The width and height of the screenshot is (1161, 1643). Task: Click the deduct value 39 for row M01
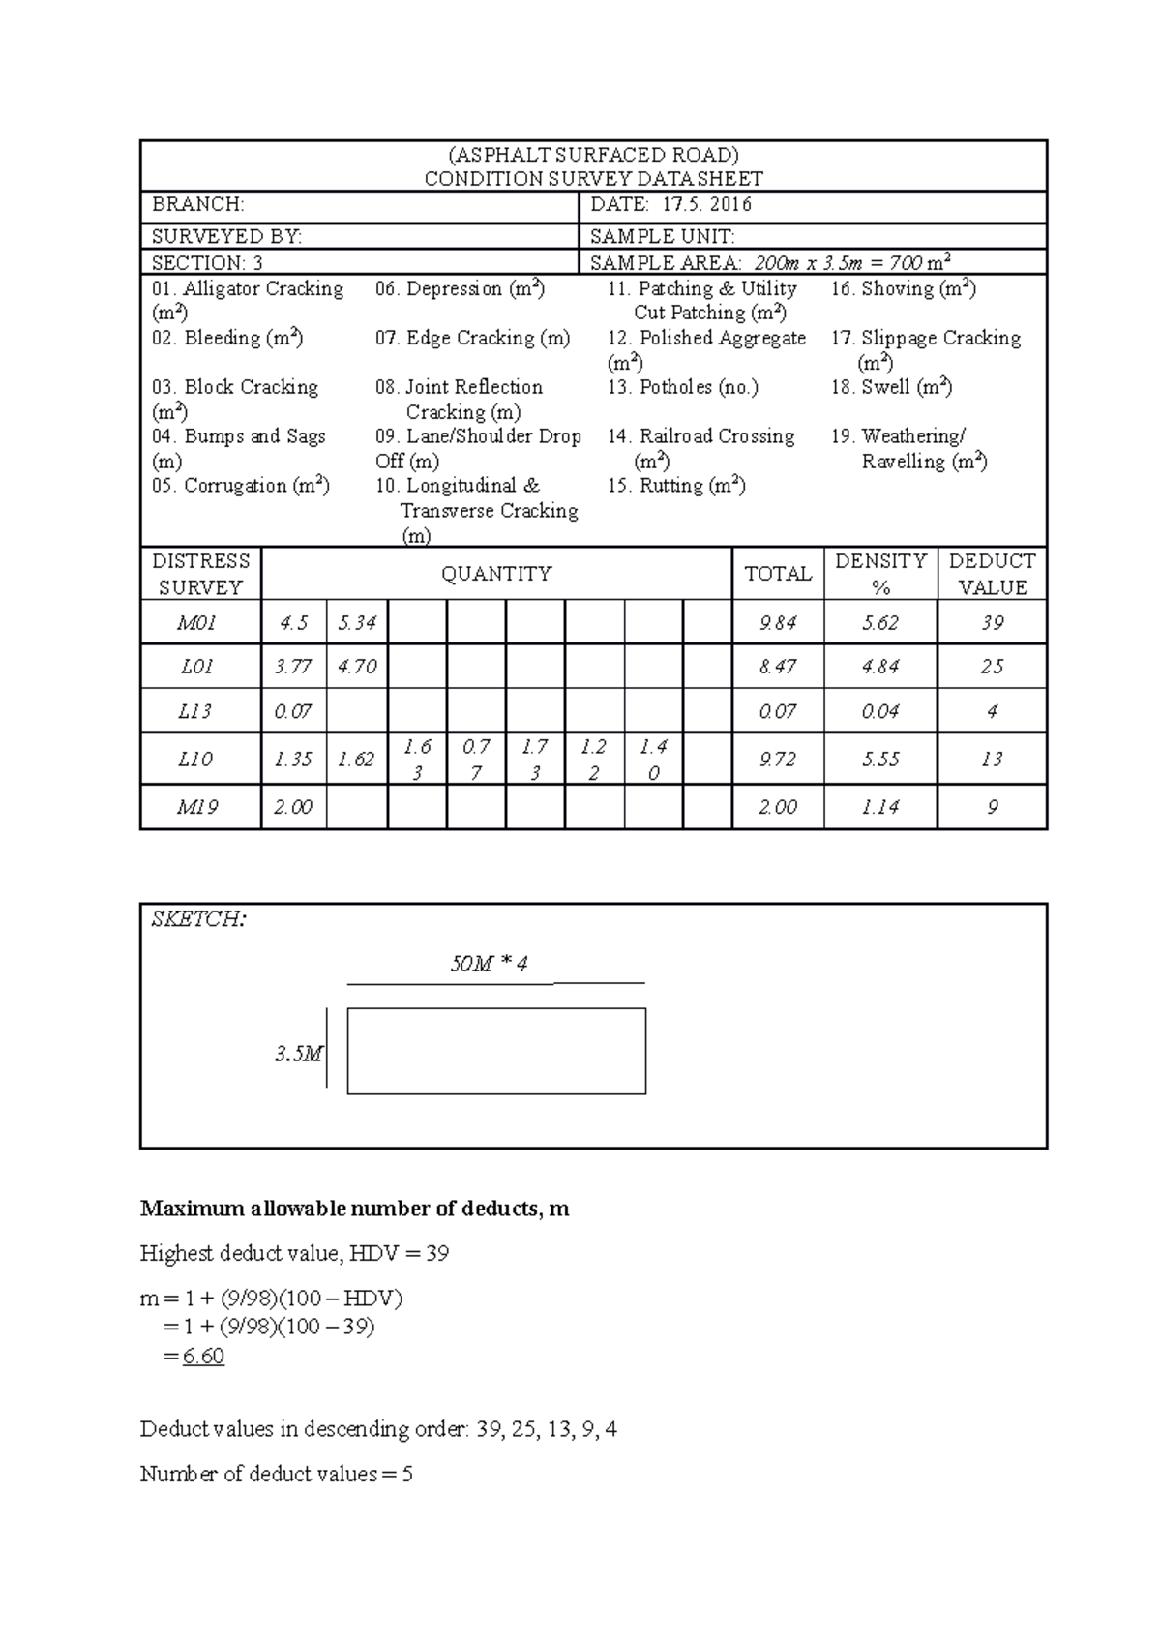992,623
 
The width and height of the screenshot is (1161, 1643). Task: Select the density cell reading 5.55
879,760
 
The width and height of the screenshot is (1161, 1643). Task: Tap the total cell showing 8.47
778,667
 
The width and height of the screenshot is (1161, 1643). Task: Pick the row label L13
194,711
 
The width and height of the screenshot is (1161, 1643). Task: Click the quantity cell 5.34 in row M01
357,623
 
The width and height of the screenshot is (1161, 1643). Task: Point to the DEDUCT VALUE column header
992,574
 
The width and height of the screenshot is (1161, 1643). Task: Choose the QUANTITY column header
496,574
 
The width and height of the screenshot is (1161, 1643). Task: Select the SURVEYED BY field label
226,236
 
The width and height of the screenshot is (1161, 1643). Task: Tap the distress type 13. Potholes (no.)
682,387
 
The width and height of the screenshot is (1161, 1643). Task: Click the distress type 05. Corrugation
240,486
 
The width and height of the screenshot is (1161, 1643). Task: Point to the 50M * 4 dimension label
489,964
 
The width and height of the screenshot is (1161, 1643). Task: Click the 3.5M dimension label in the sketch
298,1054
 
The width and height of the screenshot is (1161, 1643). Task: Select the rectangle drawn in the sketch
496,1051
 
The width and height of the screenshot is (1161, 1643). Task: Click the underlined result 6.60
203,1357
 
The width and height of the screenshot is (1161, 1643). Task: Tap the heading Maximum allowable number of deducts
354,1209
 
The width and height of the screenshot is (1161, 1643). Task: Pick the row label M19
196,807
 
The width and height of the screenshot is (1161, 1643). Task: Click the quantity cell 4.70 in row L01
357,667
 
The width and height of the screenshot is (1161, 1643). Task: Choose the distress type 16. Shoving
903,288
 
